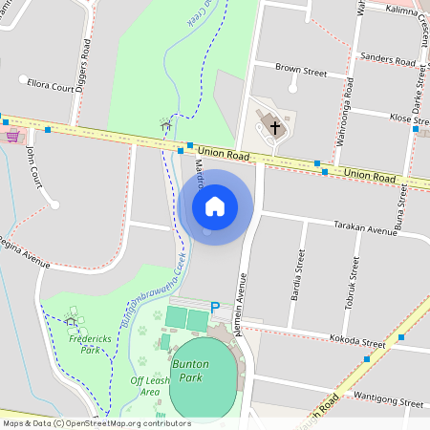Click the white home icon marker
pos(215,205)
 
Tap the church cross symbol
pos(275,126)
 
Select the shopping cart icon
pos(12,136)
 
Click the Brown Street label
pos(301,71)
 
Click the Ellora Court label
pos(51,86)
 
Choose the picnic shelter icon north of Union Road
pos(166,125)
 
